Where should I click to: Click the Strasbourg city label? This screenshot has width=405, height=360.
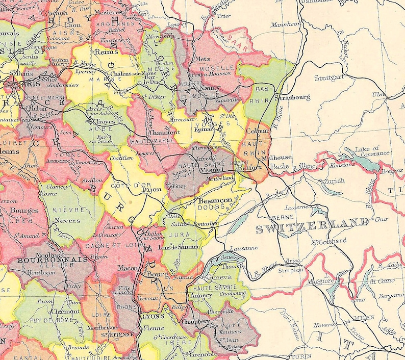point(293,97)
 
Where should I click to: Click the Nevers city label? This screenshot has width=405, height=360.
point(67,221)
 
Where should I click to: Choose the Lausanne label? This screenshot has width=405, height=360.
point(241,248)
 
